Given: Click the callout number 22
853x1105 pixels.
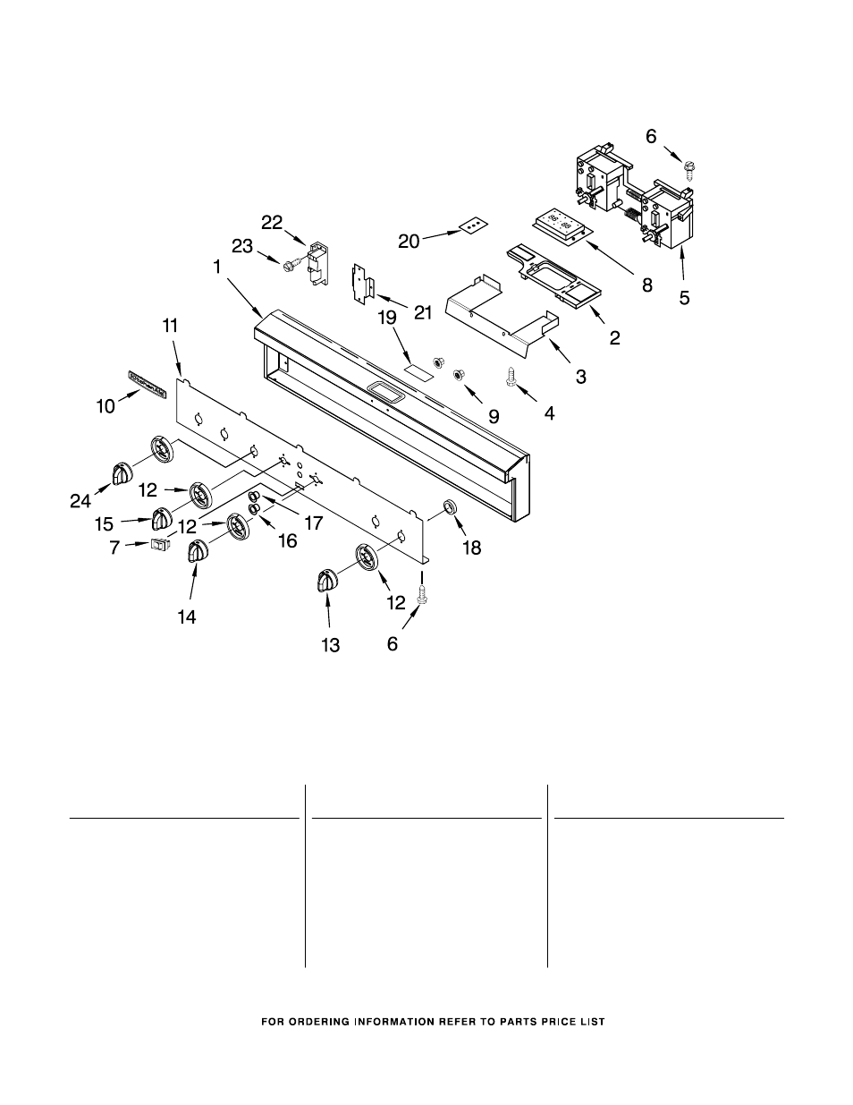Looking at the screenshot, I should tap(272, 222).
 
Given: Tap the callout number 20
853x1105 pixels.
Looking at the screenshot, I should tap(409, 241).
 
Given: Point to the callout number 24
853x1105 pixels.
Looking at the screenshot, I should tap(80, 502).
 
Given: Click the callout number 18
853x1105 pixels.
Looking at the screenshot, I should tap(471, 548).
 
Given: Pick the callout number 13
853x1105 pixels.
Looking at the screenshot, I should tap(331, 645).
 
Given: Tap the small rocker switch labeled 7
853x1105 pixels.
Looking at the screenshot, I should tap(160, 544).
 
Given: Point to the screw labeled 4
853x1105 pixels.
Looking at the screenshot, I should tap(512, 379).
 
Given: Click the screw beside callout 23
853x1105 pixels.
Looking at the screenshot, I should tap(289, 264).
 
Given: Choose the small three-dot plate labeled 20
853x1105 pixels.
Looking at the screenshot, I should tap(473, 228).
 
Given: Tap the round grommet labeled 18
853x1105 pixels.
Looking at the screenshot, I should tap(450, 509).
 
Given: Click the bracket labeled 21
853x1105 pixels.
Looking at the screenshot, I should tap(362, 284).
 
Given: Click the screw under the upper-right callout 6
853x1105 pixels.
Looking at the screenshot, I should tap(691, 167).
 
